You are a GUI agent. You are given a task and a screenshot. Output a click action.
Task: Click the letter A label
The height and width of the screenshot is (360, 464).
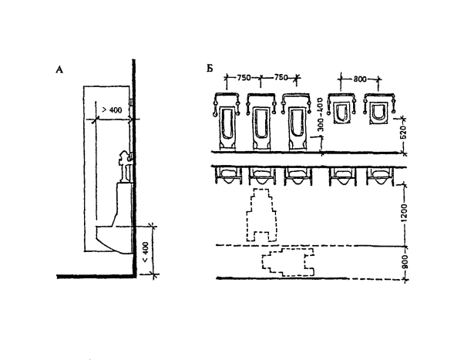click(x=59, y=69)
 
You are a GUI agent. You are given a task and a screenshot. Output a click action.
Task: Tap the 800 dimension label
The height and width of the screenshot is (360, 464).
click(x=361, y=78)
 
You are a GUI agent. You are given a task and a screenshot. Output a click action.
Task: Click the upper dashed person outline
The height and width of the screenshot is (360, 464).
click(x=261, y=216)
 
